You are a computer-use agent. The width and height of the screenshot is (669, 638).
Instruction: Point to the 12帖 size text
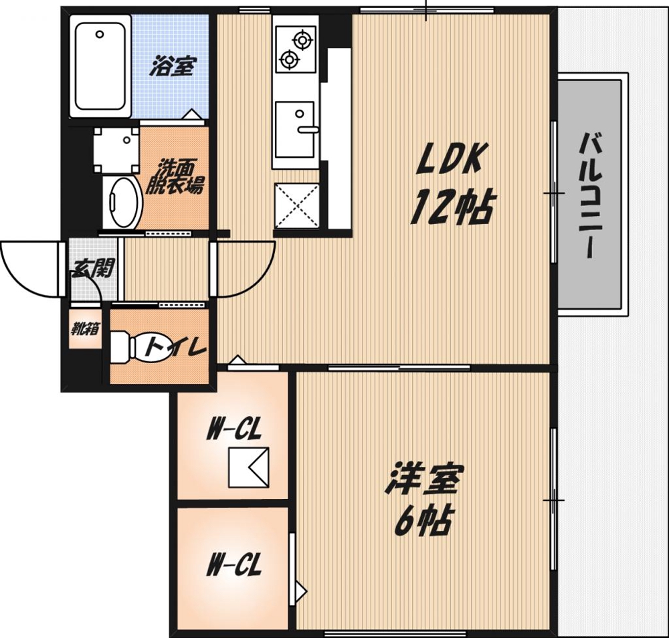click(452, 207)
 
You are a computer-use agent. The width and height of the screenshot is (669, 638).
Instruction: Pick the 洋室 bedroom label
click(424, 479)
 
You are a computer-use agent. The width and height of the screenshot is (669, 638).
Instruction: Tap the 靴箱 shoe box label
click(85, 329)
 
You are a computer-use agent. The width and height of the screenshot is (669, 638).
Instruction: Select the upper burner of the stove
click(302, 39)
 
